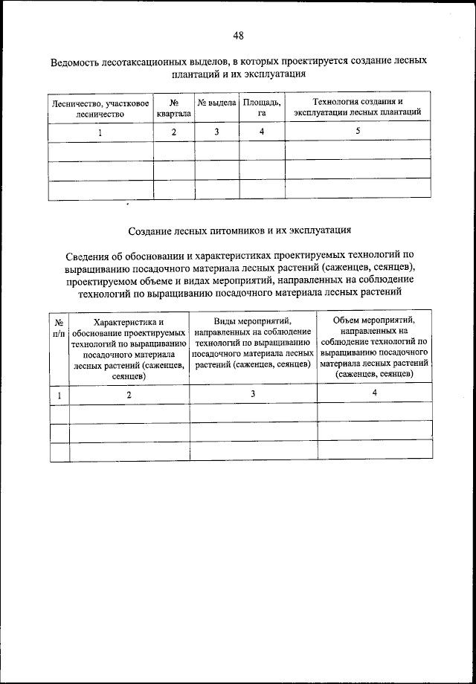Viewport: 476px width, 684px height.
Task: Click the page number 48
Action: pyautogui.click(x=238, y=35)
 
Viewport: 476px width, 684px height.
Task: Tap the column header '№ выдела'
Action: pyautogui.click(x=216, y=102)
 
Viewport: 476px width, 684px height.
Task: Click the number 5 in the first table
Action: pyautogui.click(x=358, y=131)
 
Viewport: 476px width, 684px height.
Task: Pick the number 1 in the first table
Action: pyautogui.click(x=100, y=132)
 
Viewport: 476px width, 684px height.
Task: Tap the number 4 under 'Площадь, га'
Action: pyautogui.click(x=262, y=132)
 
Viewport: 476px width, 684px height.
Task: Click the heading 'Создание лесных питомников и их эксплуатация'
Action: pyautogui.click(x=238, y=231)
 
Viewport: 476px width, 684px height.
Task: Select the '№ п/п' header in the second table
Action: pyautogui.click(x=59, y=327)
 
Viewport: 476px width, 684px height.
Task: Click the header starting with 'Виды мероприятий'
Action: pyautogui.click(x=253, y=343)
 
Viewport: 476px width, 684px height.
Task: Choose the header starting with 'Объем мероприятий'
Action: pyautogui.click(x=374, y=346)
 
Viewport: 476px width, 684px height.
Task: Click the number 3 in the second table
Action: pyautogui.click(x=253, y=393)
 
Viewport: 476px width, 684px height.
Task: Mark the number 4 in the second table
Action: pyautogui.click(x=374, y=392)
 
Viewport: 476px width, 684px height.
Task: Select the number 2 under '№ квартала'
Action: pyautogui.click(x=174, y=132)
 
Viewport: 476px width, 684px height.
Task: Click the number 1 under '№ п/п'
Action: pyautogui.click(x=59, y=394)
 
